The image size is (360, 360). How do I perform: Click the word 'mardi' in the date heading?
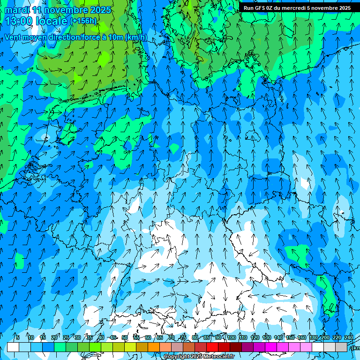16,10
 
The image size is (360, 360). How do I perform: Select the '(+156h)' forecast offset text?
83,21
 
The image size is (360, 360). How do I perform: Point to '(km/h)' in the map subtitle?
136,37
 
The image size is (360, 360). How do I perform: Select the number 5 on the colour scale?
18,337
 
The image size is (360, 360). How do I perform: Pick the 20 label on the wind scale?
54,337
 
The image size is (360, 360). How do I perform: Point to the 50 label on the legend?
124,337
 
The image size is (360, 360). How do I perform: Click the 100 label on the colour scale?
231,337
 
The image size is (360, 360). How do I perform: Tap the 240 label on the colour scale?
348,337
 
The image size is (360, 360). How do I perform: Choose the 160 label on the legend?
301,337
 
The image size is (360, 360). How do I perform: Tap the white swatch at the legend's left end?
13,347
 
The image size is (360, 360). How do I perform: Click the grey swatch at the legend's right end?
341,347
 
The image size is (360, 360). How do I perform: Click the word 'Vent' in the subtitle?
14,37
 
